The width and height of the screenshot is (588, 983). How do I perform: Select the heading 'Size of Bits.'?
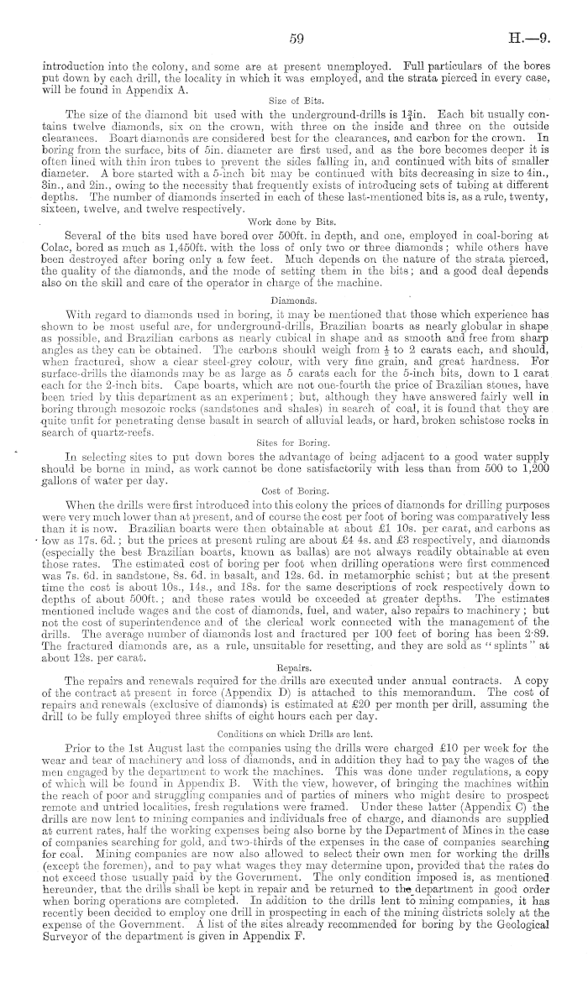(x=293, y=98)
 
